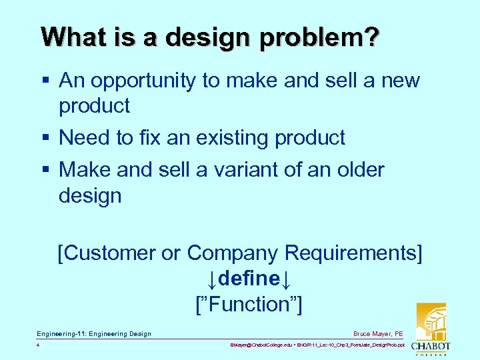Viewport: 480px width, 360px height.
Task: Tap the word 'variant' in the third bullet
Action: [x=241, y=170]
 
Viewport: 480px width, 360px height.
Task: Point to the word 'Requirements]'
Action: [x=353, y=253]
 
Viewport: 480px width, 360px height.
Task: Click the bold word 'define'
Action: [x=247, y=279]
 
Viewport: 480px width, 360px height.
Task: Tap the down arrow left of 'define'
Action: [x=211, y=279]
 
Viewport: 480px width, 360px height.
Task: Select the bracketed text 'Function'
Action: [x=248, y=305]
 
